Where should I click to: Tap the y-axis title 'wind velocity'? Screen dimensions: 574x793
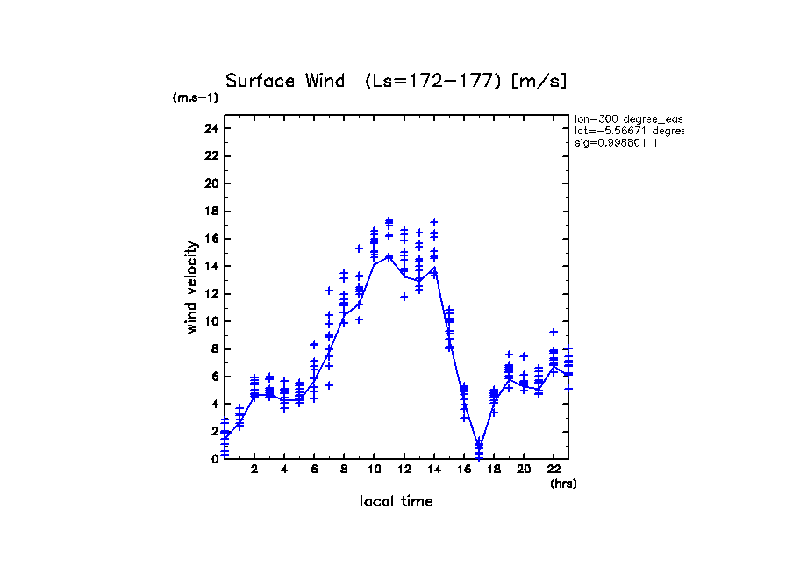[x=191, y=290]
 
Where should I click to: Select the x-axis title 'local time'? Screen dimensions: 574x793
[x=396, y=501]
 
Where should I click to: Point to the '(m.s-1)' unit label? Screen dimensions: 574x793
[x=196, y=97]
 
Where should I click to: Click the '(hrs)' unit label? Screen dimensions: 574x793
[x=563, y=483]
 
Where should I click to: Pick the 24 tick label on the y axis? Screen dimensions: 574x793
[x=210, y=128]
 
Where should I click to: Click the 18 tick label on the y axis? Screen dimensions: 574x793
[x=210, y=211]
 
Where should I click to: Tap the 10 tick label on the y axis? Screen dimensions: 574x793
[x=210, y=321]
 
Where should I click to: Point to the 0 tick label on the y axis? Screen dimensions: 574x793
[x=213, y=458]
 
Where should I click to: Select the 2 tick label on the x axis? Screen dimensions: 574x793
[x=254, y=470]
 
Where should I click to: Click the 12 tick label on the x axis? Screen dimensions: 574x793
[x=404, y=470]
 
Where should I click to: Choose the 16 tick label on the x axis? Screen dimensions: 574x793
[x=464, y=470]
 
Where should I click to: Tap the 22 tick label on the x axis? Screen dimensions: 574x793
[x=554, y=470]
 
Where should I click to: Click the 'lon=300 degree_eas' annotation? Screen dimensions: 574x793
[x=628, y=118]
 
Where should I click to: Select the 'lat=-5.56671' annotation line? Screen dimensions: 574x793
[x=628, y=130]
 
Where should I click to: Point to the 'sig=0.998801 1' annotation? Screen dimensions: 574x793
[x=616, y=142]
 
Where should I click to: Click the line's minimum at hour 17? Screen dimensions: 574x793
[x=479, y=445]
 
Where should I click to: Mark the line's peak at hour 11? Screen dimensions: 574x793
[x=389, y=256]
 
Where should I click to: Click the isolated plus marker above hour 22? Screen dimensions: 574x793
[x=554, y=332]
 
